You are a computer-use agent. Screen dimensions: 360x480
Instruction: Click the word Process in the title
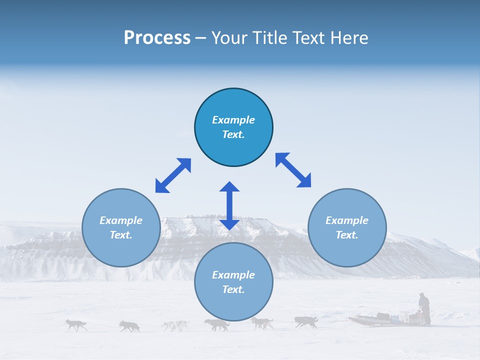(157, 37)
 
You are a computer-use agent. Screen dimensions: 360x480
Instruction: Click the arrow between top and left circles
(173, 175)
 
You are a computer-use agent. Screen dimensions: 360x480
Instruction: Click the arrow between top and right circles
(293, 170)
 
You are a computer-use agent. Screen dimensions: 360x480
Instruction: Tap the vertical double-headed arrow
(229, 205)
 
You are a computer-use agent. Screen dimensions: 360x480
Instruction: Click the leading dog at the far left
(76, 325)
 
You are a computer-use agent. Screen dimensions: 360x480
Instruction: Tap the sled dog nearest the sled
(306, 321)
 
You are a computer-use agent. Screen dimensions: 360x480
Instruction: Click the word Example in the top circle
(233, 120)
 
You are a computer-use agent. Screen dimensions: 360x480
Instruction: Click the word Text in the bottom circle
(232, 289)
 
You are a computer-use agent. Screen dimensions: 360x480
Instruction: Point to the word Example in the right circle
(347, 220)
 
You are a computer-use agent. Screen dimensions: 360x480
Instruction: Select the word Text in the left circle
(120, 235)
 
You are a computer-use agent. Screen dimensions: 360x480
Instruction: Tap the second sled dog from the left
(129, 326)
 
